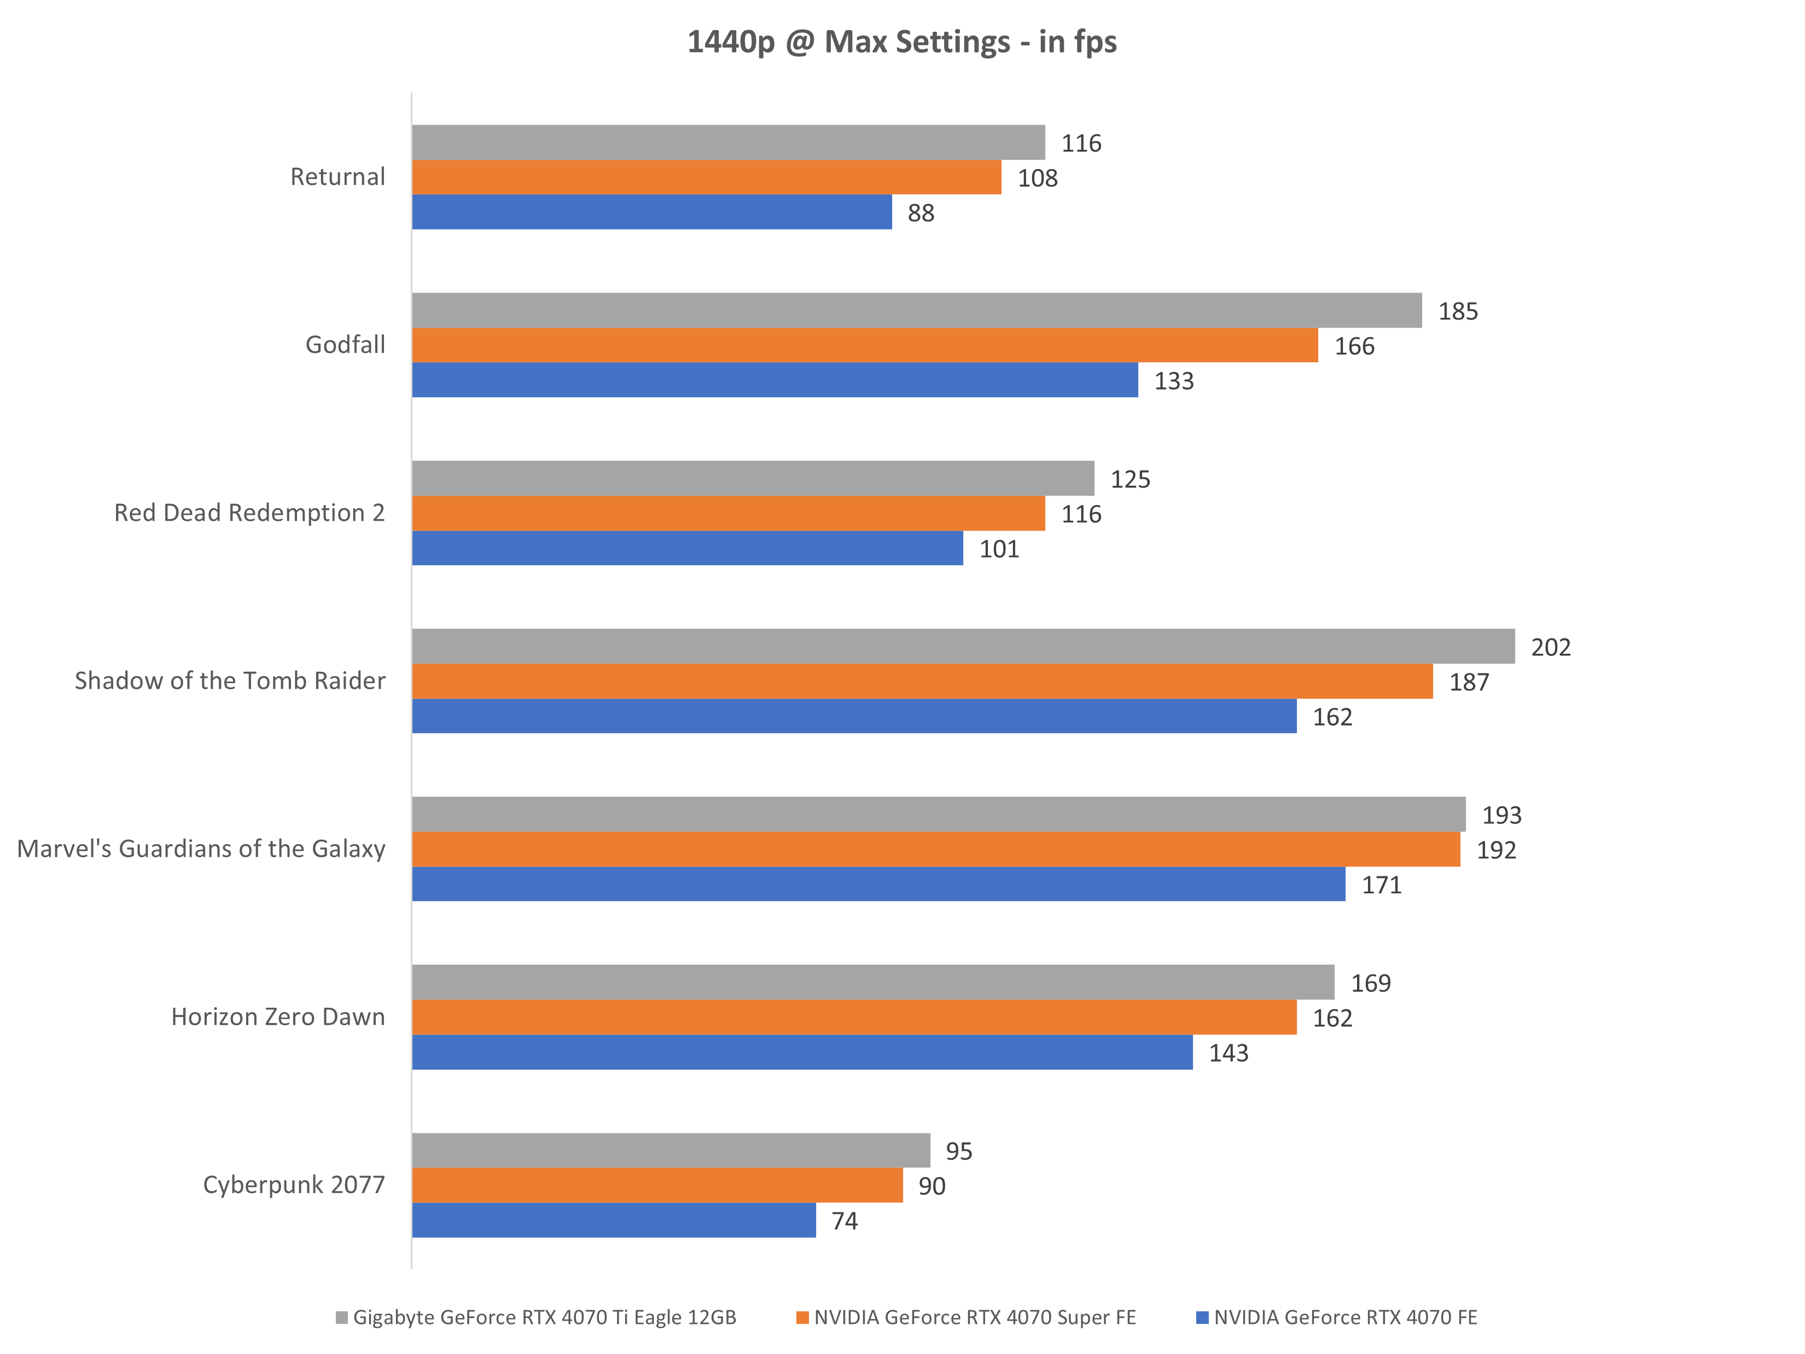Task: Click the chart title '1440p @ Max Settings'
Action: [902, 42]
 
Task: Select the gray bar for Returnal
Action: [728, 143]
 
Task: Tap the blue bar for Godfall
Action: [775, 380]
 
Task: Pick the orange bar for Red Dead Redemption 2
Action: [728, 513]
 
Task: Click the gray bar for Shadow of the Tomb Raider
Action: [963, 647]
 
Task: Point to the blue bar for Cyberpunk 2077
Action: [614, 1220]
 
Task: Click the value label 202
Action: [1551, 647]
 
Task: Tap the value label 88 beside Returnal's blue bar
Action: [921, 213]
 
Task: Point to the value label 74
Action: [845, 1221]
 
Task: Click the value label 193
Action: [1501, 815]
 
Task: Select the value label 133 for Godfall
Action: [1173, 381]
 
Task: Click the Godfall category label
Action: [345, 345]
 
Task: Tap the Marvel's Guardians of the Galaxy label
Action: [201, 849]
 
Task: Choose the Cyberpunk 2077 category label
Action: [294, 1184]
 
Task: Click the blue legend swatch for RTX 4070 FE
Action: [1201, 1317]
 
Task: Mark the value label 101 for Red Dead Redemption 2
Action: [999, 549]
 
